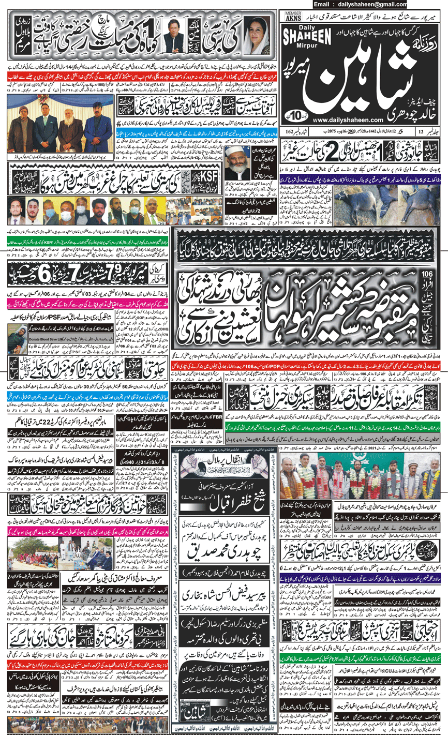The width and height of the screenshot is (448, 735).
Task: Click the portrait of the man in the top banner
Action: (178, 36)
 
